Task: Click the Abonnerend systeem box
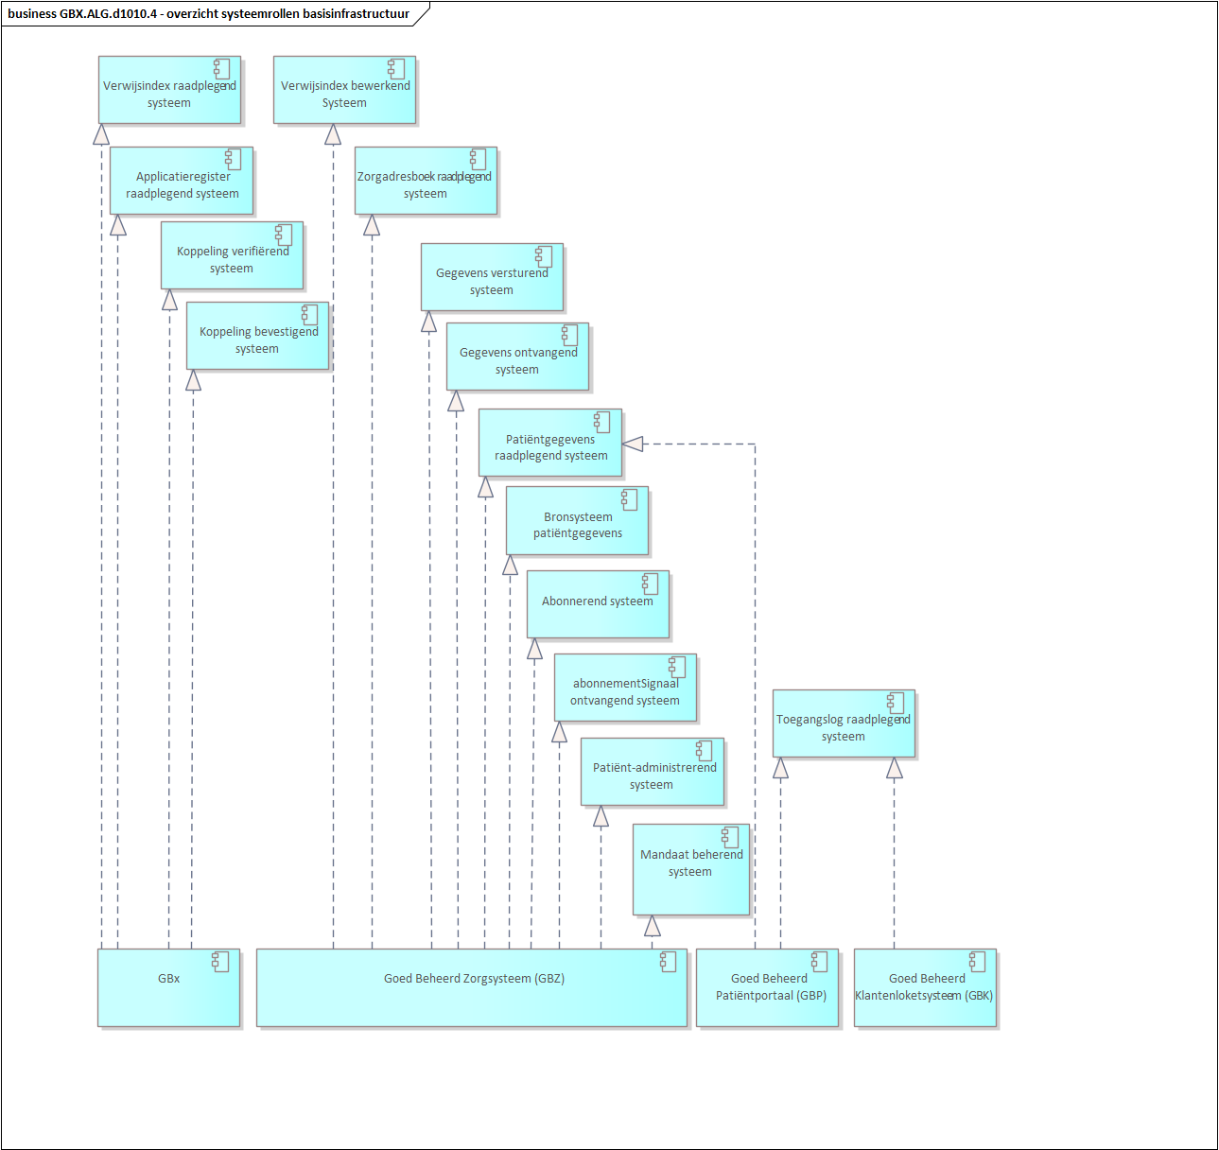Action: (598, 604)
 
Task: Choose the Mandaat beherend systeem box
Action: (690, 869)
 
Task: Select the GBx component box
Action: (168, 987)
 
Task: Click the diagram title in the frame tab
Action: (208, 14)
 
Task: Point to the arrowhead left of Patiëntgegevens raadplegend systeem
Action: (633, 444)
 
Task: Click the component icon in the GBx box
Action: (220, 962)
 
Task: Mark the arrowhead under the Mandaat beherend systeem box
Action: (652, 926)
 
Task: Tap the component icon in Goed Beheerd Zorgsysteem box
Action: (668, 962)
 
